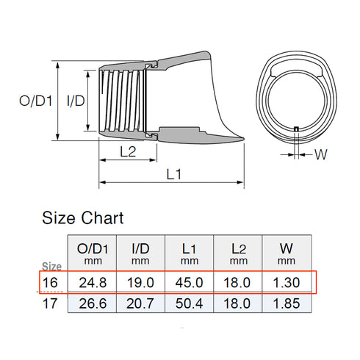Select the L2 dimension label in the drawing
coord(126,153)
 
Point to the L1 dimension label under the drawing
coord(174,174)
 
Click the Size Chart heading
coord(83,217)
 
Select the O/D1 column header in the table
coord(91,252)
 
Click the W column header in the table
coord(287,252)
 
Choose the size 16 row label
coord(49,282)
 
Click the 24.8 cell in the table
coord(91,282)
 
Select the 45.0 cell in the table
coord(189,282)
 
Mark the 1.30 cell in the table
coord(287,282)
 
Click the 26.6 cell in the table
coord(91,303)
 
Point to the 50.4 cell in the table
coord(189,303)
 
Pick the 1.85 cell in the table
coord(287,303)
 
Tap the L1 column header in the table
coord(189,252)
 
